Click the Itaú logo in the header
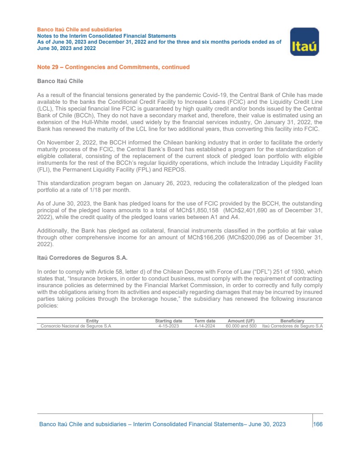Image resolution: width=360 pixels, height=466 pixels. click(304, 42)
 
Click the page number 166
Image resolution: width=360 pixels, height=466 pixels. click(318, 424)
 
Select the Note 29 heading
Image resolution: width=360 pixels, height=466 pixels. click(113, 67)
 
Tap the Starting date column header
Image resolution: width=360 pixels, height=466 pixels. click(168, 321)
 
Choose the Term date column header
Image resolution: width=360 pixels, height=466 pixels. click(205, 321)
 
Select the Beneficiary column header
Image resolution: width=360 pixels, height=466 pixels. click(292, 321)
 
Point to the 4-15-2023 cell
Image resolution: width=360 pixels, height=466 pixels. click(168, 326)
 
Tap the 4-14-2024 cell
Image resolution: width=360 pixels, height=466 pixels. click(205, 326)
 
